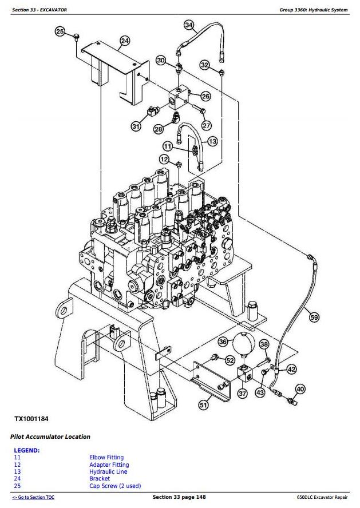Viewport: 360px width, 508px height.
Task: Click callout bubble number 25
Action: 60,31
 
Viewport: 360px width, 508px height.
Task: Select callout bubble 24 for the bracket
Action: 125,41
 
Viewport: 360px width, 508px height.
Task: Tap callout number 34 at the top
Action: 189,25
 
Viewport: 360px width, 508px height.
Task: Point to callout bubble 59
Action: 313,317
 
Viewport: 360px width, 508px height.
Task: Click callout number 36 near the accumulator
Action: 223,342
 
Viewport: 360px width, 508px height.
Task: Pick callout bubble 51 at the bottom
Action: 203,404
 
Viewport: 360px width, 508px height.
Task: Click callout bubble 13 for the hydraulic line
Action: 212,141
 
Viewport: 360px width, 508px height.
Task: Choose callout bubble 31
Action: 136,126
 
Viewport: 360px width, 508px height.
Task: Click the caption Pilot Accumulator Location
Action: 50,436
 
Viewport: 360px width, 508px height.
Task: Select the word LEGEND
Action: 26,450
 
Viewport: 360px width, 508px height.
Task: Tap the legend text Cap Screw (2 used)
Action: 115,486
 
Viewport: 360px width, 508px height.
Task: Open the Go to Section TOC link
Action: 33,498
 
